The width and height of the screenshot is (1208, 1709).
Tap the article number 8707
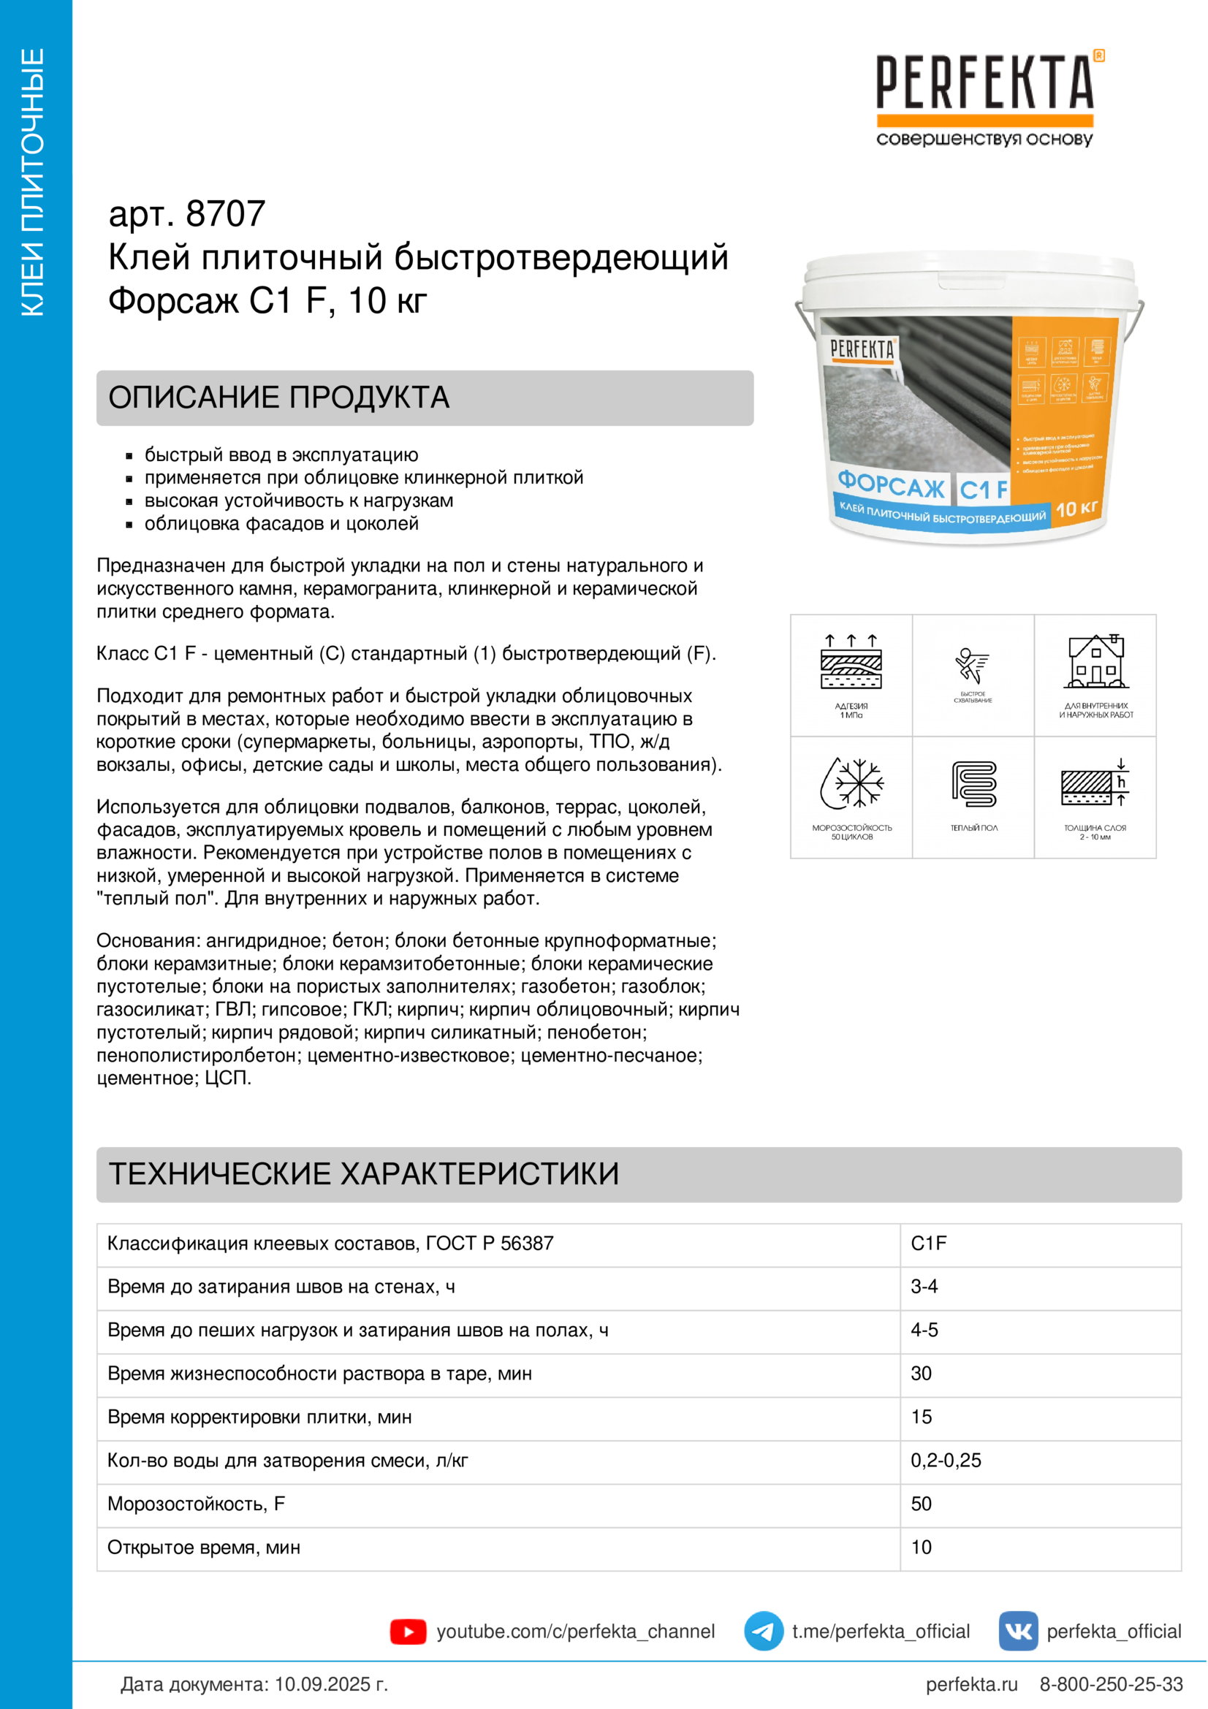click(225, 214)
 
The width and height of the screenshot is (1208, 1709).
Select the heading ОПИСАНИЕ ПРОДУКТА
click(279, 397)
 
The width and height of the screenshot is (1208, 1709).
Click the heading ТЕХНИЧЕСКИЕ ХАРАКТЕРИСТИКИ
click(364, 1174)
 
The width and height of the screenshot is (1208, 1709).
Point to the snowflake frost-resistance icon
click(851, 783)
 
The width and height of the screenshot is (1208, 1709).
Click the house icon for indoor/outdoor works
click(1095, 662)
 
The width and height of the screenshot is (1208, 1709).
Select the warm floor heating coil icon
click(973, 784)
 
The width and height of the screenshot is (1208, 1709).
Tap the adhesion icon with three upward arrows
click(851, 661)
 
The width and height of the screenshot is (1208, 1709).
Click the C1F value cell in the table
click(929, 1244)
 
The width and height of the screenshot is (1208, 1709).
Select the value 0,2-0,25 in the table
click(946, 1461)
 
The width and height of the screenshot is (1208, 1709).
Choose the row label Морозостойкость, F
click(197, 1504)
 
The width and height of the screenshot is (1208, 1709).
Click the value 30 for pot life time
click(922, 1374)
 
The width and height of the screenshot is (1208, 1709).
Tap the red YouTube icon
click(408, 1632)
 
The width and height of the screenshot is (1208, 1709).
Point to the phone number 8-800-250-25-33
click(1112, 1684)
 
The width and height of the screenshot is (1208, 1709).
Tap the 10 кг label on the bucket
click(1076, 509)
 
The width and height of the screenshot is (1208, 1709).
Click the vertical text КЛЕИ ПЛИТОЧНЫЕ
click(34, 183)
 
